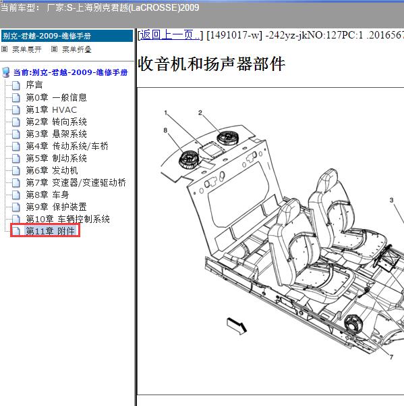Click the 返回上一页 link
click(x=170, y=35)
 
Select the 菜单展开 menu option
click(x=26, y=49)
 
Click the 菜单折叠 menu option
click(x=77, y=49)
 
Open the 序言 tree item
click(x=34, y=84)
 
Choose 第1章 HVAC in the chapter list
click(x=51, y=110)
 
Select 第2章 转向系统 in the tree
click(x=56, y=122)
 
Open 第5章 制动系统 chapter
click(x=56, y=158)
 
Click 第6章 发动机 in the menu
click(x=52, y=170)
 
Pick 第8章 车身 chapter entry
click(x=47, y=195)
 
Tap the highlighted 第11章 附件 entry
click(x=50, y=231)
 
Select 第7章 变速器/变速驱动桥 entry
click(x=76, y=182)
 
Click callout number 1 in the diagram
click(x=166, y=113)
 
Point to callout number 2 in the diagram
click(x=200, y=113)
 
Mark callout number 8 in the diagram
click(x=165, y=130)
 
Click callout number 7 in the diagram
click(x=391, y=357)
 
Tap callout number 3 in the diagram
click(x=392, y=200)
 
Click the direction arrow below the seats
click(x=237, y=326)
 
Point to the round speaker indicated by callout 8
click(x=189, y=160)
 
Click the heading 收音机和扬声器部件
click(x=212, y=64)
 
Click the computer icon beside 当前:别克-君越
click(x=5, y=72)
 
